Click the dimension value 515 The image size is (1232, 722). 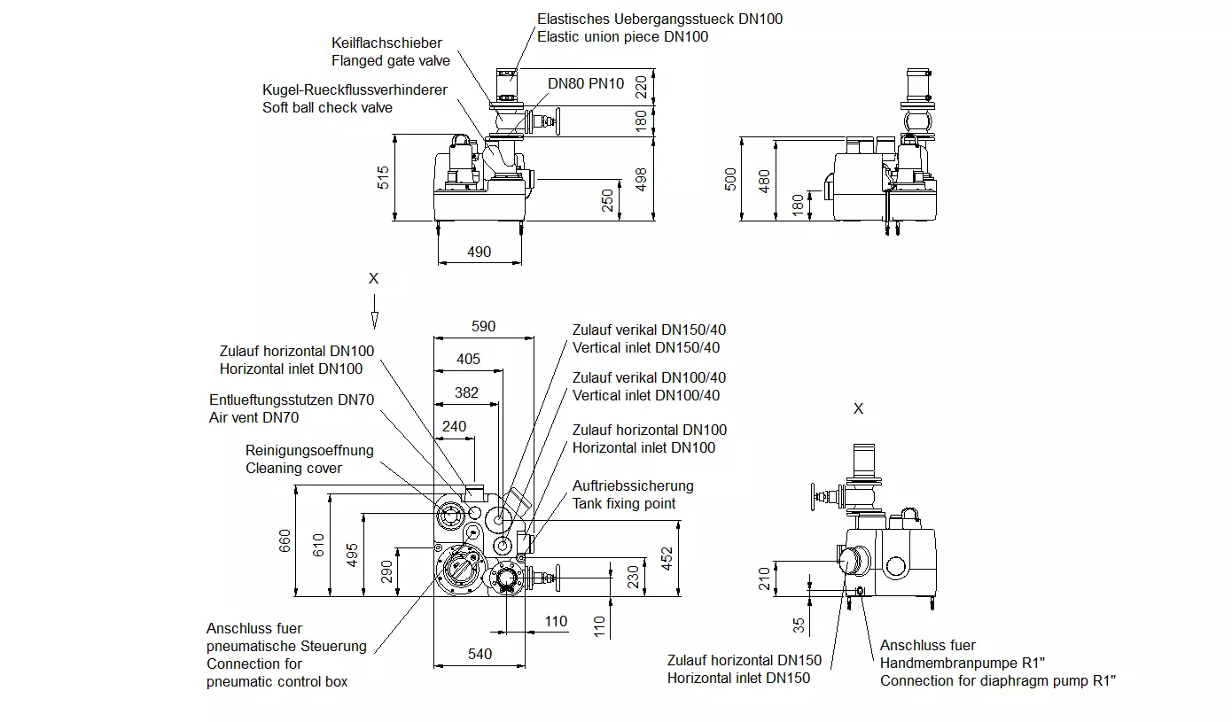[x=383, y=177]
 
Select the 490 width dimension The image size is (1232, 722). [x=479, y=252]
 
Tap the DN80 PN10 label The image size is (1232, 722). [x=586, y=83]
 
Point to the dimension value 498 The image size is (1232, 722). [x=642, y=179]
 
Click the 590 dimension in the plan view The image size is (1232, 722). [x=483, y=326]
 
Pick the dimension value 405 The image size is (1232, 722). [x=469, y=359]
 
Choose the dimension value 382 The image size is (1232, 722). [x=466, y=392]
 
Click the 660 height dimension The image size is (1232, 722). [x=285, y=541]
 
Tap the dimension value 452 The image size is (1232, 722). [x=667, y=558]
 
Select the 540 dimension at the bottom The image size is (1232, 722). [x=480, y=654]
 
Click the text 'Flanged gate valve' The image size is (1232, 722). [x=391, y=60]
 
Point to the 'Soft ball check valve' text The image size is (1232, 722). [x=327, y=107]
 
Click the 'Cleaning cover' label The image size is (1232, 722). [x=293, y=468]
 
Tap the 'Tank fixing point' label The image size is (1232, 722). [x=624, y=503]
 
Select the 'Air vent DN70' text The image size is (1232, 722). [x=253, y=417]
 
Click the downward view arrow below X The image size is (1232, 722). [x=375, y=312]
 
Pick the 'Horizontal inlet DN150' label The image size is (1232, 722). [x=738, y=678]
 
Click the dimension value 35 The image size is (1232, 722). [x=799, y=625]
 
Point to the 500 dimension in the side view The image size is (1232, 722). [x=729, y=179]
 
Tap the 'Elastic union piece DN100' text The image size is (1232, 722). [x=622, y=37]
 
